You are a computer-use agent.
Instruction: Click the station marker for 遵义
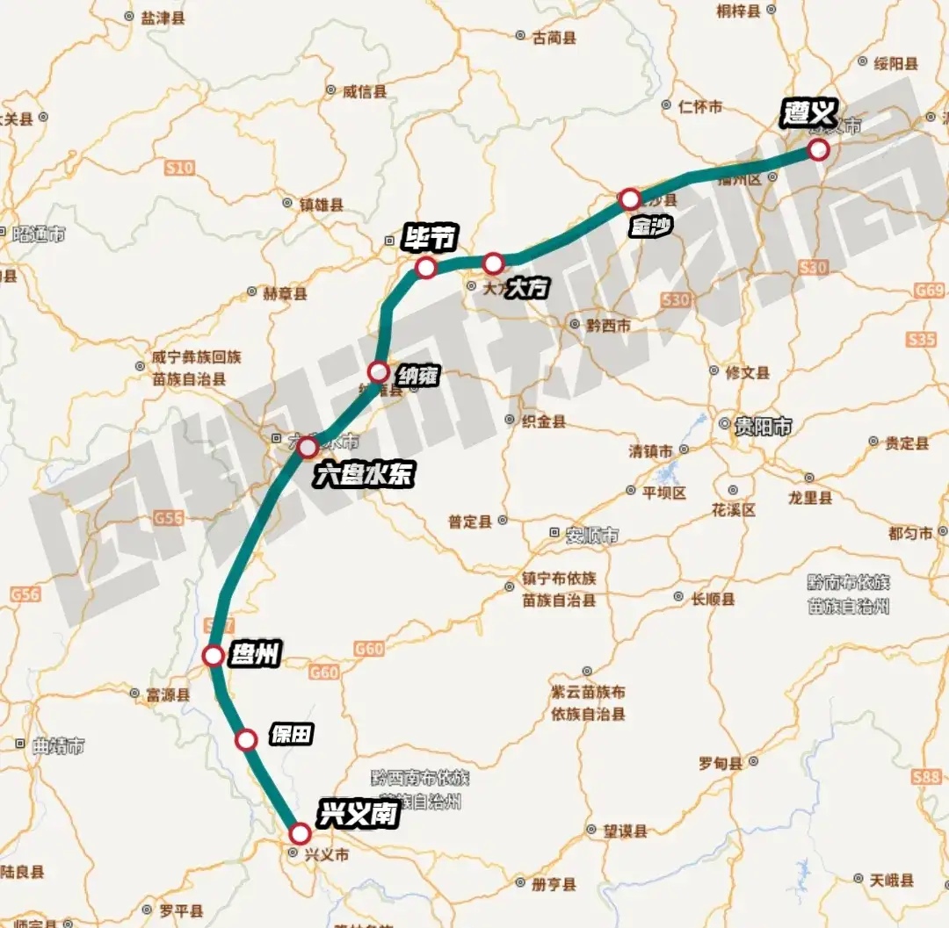click(818, 149)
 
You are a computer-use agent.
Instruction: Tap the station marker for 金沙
click(629, 199)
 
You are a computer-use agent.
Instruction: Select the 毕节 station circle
click(426, 268)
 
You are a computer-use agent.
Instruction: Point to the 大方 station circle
click(493, 263)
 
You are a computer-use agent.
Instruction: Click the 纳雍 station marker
click(378, 371)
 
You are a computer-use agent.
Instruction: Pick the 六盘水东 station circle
click(308, 448)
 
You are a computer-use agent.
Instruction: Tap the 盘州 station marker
click(213, 656)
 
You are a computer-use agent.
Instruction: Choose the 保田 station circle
click(247, 739)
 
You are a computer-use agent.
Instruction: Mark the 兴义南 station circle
click(300, 833)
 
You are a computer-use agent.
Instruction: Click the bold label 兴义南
click(359, 814)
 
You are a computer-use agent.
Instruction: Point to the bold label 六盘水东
click(364, 476)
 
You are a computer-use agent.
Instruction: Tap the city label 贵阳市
click(763, 428)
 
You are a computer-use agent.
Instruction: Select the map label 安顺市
click(591, 535)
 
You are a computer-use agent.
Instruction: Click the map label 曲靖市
click(58, 747)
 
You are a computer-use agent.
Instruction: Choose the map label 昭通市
click(40, 235)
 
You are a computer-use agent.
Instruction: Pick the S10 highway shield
click(179, 167)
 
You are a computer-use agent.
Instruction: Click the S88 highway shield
click(926, 777)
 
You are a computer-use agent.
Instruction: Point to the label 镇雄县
click(321, 205)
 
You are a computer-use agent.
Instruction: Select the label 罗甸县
click(721, 762)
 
